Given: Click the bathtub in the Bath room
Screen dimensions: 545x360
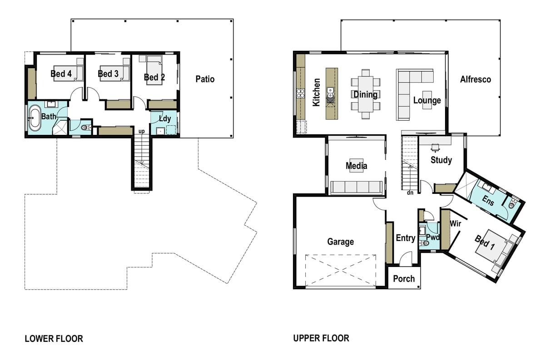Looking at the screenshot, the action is pos(35,118).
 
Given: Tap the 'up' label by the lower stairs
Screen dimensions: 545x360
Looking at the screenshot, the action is pos(142,132).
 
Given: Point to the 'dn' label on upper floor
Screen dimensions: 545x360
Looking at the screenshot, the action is pos(410,192).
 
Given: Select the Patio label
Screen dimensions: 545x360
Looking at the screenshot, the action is pos(205,79).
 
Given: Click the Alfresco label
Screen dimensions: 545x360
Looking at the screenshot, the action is pos(476,79).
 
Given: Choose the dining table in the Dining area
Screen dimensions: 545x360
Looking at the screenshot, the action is pos(366,94).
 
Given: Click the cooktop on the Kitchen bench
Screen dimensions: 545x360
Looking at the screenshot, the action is pos(301,94).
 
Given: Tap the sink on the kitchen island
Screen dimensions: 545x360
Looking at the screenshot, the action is pos(330,93).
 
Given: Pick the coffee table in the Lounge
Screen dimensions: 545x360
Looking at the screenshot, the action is pos(427,100).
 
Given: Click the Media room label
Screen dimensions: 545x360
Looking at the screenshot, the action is pos(357,166).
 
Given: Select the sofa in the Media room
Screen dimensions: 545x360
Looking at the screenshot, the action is pos(356,187).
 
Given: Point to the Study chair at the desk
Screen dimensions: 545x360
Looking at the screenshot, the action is pos(435,148).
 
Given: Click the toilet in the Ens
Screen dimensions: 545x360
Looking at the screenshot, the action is pos(512,204).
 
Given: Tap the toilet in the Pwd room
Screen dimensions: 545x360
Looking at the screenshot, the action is pos(424,243).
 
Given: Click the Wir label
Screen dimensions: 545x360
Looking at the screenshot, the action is pos(455,223).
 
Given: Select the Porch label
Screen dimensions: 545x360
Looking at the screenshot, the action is pos(404,279).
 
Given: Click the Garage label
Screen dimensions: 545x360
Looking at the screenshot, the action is pos(340,242).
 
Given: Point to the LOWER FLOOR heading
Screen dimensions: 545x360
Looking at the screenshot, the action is pos(54,339).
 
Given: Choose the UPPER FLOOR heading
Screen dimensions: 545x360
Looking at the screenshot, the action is pos(321,338).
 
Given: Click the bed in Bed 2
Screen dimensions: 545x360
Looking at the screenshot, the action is pos(154,70).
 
